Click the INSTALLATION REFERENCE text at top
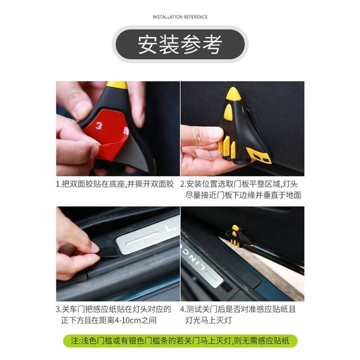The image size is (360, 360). point(180,17)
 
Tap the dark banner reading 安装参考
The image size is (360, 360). point(180,44)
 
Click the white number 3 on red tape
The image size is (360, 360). point(99,125)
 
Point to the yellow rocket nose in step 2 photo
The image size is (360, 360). point(233,94)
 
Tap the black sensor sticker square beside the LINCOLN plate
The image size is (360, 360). point(227,288)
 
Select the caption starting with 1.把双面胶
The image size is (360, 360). point(115,184)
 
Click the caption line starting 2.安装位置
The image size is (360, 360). point(239,184)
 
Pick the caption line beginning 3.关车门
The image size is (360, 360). point(114,309)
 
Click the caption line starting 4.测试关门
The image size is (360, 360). point(238,309)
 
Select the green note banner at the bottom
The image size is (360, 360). point(180,341)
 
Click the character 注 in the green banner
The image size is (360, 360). point(75,341)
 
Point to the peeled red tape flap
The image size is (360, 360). point(113,149)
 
